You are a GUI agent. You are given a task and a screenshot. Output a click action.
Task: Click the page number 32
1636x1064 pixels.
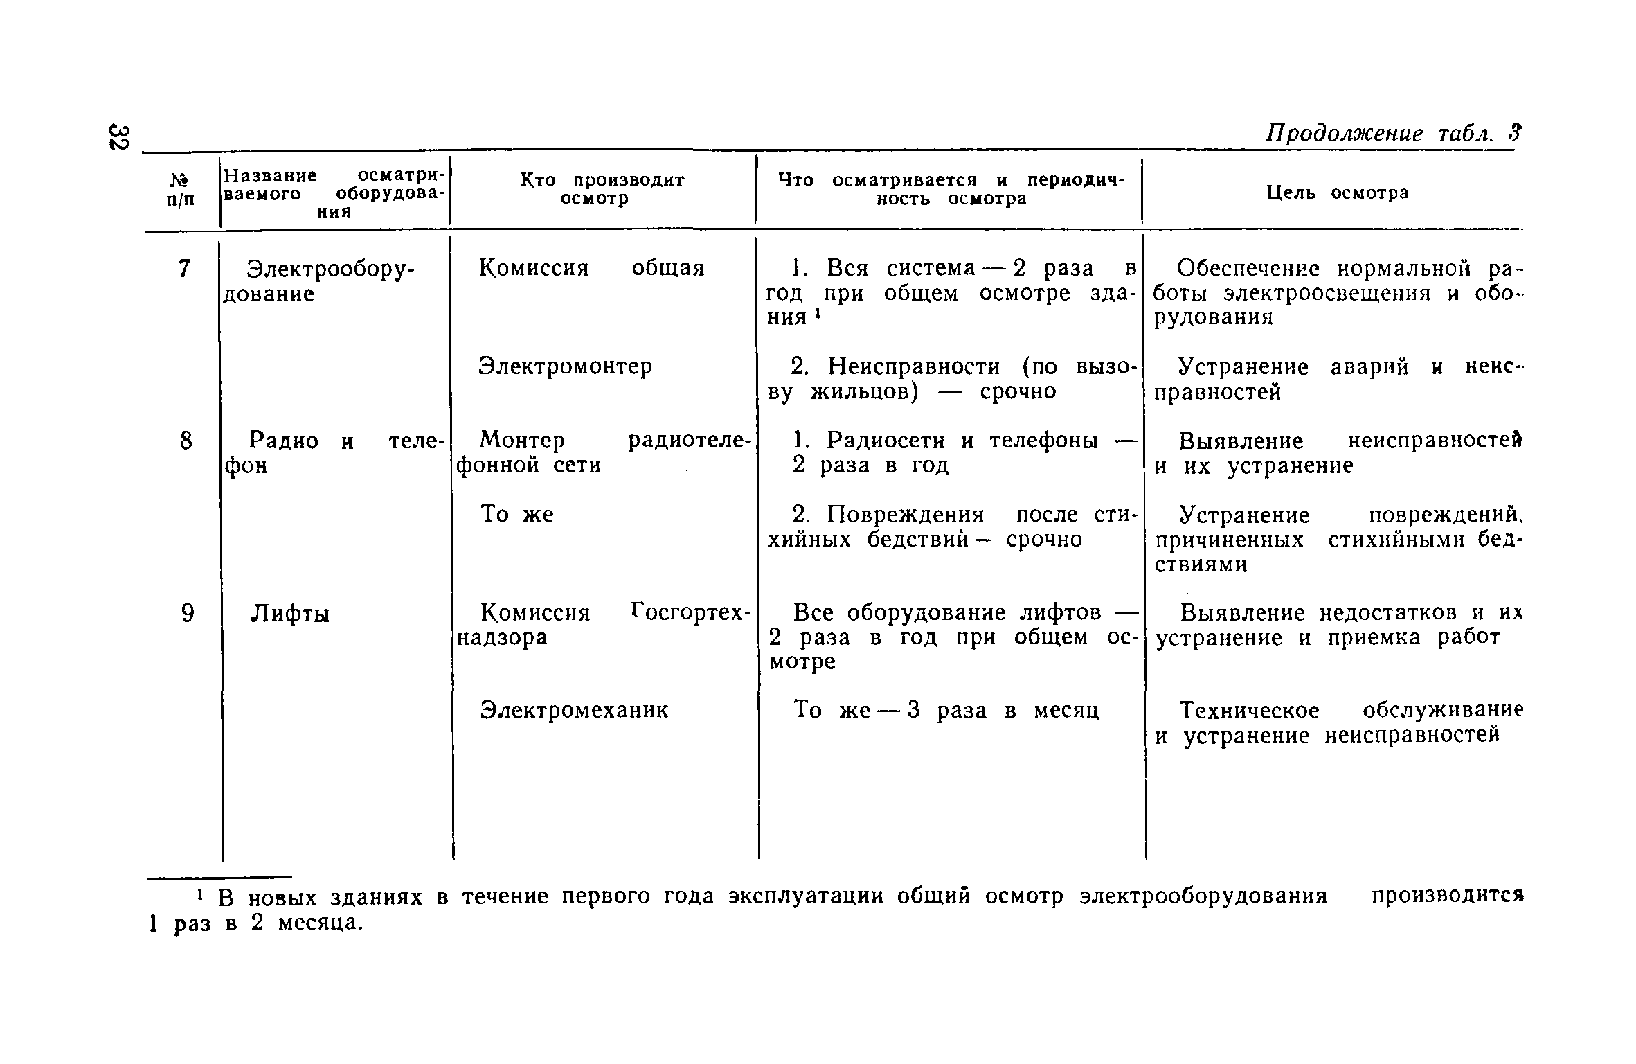[118, 137]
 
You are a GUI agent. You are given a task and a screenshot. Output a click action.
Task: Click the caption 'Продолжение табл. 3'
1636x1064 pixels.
[1392, 133]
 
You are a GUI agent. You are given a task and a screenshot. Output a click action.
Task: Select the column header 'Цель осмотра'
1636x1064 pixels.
[1337, 193]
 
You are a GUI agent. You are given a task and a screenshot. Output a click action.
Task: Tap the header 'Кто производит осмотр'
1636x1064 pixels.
[602, 189]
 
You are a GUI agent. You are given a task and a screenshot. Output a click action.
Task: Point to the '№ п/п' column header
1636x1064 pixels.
[181, 190]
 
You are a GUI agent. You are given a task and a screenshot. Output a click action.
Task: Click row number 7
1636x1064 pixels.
[183, 269]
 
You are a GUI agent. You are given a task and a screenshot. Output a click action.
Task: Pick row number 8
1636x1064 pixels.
[186, 441]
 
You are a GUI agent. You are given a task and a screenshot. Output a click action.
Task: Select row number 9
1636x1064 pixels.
[187, 613]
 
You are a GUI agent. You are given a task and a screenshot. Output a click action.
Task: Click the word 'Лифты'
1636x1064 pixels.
[289, 614]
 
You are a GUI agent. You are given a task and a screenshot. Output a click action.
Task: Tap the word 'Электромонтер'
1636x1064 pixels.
[566, 366]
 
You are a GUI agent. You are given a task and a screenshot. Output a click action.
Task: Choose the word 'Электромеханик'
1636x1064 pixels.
[575, 710]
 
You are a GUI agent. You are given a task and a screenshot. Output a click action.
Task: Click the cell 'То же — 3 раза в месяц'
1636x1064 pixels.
[946, 710]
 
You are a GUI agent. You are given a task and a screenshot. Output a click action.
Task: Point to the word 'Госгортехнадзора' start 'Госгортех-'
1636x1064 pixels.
[691, 612]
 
